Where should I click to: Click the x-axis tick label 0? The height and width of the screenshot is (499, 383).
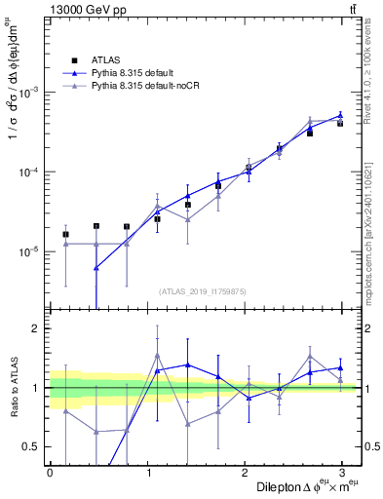[x=50, y=472]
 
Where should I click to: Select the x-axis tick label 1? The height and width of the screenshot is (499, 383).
[x=149, y=472]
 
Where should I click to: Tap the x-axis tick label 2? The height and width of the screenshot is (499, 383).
[x=248, y=472]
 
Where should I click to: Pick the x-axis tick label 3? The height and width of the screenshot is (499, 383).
[x=346, y=472]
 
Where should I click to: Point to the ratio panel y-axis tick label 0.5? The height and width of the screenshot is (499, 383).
[x=31, y=446]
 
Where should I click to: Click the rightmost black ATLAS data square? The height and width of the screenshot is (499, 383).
[x=340, y=123]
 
